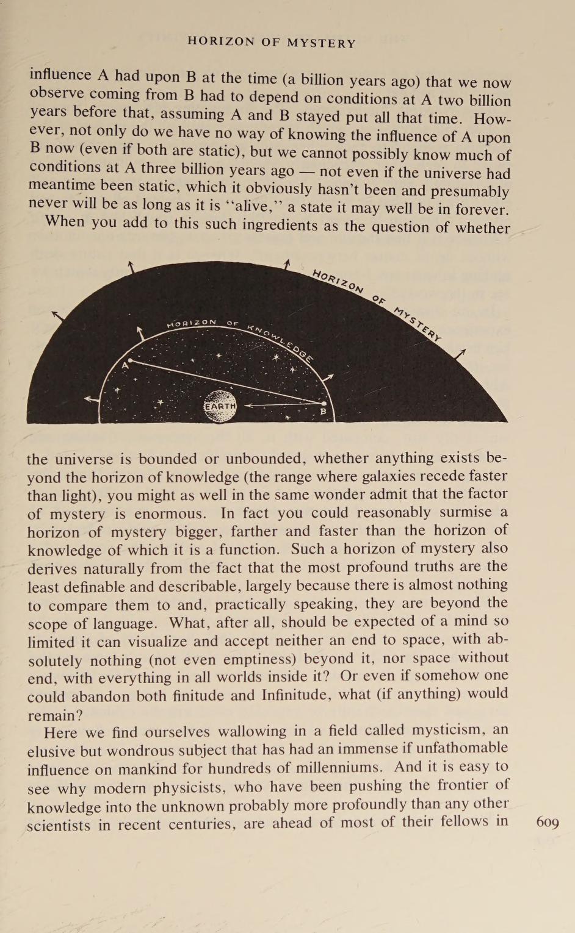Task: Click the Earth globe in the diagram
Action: point(220,407)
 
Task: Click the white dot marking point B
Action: point(324,403)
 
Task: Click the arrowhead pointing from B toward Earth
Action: point(248,404)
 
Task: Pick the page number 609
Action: point(547,822)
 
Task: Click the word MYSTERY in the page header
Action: point(321,43)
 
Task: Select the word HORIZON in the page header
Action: point(221,42)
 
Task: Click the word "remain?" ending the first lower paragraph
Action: point(56,715)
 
